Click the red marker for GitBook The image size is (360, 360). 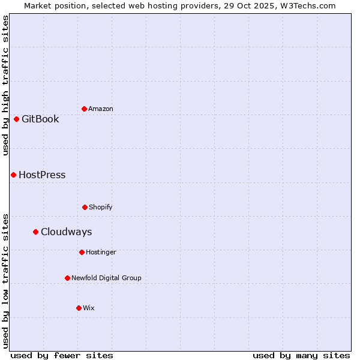pos(16,119)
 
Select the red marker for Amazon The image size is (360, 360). pos(84,109)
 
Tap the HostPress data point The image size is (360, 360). pos(13,175)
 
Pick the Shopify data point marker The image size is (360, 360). pos(85,207)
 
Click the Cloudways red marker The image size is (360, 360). pos(35,232)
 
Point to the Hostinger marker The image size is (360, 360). pos(82,252)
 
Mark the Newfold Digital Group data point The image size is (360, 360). pos(67,278)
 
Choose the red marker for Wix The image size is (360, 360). pos(79,308)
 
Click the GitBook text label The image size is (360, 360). pos(40,119)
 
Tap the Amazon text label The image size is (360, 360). pos(101,109)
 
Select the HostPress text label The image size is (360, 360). pos(42,175)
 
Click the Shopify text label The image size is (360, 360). pos(101,207)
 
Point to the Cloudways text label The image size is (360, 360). pos(66,232)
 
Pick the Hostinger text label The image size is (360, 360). pos(101,252)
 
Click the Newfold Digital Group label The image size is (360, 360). pos(106,278)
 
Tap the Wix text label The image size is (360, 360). pos(89,308)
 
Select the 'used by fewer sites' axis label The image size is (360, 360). pos(62,355)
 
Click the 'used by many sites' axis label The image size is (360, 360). pos(301,355)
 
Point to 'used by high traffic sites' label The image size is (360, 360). pos(5,85)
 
